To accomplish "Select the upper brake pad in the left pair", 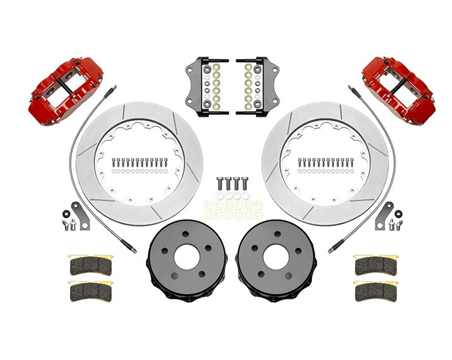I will click(x=90, y=266).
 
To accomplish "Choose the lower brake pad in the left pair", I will click(x=90, y=291).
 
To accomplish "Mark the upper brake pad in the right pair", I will click(x=376, y=266).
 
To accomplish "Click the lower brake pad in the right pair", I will click(x=376, y=291).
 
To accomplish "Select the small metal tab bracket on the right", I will click(x=383, y=215).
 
